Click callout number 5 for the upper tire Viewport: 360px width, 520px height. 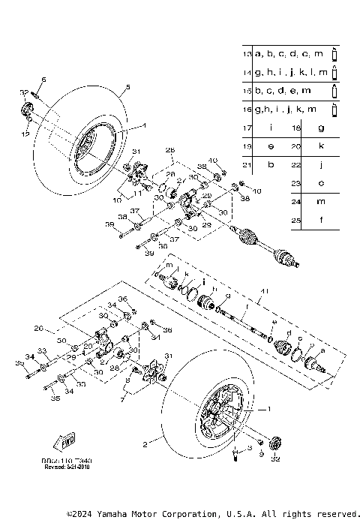127,88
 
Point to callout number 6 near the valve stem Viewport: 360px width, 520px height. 43,80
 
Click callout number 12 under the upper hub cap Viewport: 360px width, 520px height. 26,134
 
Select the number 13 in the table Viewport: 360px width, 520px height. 247,54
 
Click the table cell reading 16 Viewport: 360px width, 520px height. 247,110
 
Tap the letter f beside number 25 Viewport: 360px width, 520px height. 321,221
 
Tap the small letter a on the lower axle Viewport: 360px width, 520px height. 322,350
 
